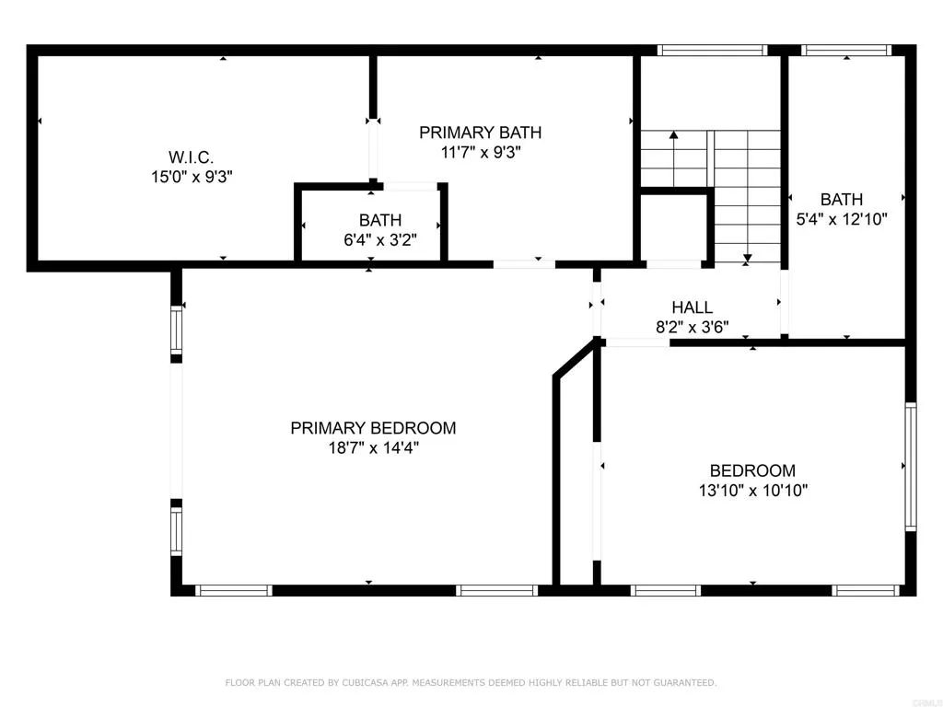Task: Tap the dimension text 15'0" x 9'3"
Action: pyautogui.click(x=192, y=177)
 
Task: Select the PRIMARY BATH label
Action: pyautogui.click(x=480, y=133)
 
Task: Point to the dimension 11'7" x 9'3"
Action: pyautogui.click(x=480, y=152)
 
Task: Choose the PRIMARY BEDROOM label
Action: pyautogui.click(x=373, y=428)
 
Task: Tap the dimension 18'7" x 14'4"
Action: pyautogui.click(x=373, y=448)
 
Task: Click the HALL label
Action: pyautogui.click(x=692, y=308)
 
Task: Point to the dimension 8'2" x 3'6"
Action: pyautogui.click(x=692, y=327)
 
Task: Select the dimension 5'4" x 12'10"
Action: pyautogui.click(x=842, y=220)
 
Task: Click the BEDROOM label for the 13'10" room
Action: pyautogui.click(x=752, y=470)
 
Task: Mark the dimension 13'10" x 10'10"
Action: pyautogui.click(x=752, y=491)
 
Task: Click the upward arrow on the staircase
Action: pyautogui.click(x=674, y=136)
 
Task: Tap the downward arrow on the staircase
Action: pyautogui.click(x=747, y=257)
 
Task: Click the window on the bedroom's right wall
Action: pyautogui.click(x=910, y=467)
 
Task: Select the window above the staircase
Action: pyautogui.click(x=713, y=51)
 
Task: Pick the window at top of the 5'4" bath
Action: pyautogui.click(x=846, y=51)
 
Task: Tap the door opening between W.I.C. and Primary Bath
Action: pyautogui.click(x=373, y=152)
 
